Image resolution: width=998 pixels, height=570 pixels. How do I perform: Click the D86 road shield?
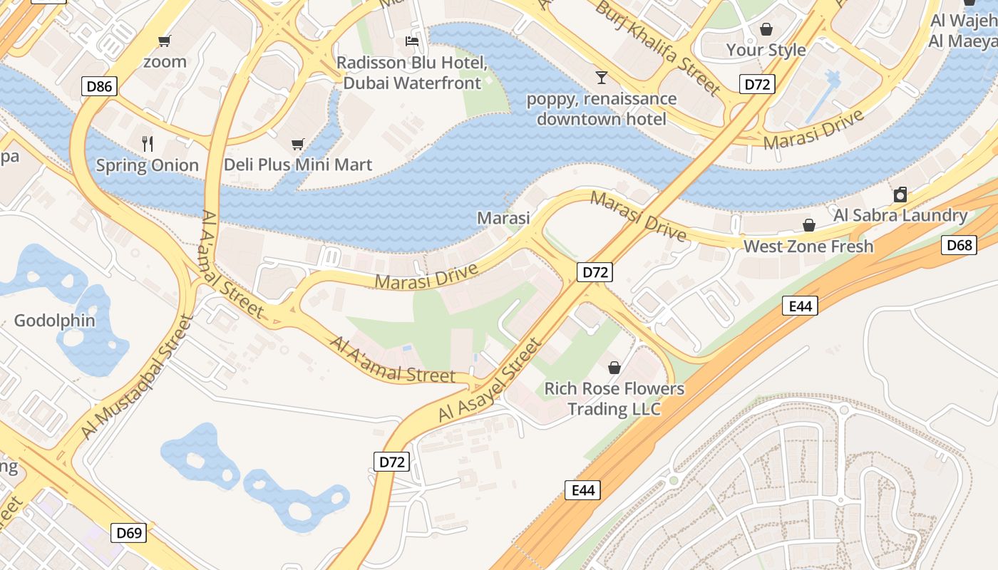point(99,87)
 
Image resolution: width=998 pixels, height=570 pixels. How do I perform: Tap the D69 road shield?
point(129,532)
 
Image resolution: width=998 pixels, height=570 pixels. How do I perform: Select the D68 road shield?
point(959,245)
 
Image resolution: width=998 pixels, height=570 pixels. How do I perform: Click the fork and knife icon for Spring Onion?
point(148,144)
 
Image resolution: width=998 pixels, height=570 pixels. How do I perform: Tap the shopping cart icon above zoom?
point(165,41)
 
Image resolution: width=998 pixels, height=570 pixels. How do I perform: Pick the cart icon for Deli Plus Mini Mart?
point(298,144)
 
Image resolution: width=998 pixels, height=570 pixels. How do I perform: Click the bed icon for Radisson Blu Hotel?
point(412,41)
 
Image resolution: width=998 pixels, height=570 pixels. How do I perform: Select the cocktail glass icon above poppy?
point(602,77)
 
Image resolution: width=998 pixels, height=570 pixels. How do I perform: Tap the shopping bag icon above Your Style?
point(766,29)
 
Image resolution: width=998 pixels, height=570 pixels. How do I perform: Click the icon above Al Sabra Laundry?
point(900,195)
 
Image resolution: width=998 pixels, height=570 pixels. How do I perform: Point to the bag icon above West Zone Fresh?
point(809,226)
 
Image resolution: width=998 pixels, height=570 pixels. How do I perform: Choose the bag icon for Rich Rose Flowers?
point(614,368)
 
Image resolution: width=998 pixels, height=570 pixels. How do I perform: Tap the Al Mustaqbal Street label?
point(137,378)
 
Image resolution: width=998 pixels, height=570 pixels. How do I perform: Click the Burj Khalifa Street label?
point(657,48)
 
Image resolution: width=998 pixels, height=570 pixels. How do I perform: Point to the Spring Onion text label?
point(148,165)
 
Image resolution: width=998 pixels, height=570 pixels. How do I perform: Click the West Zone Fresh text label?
point(808,247)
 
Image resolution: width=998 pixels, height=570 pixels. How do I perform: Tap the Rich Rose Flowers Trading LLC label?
point(614,399)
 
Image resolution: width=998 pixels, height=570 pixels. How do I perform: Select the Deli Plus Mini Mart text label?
point(298,165)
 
